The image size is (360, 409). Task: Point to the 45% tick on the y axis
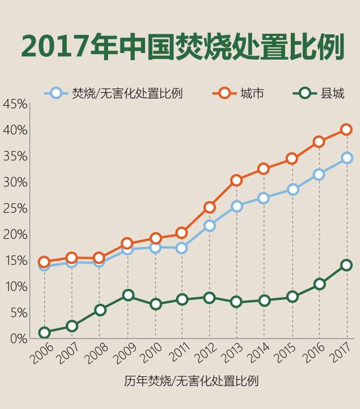15,105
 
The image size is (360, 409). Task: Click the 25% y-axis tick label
15,208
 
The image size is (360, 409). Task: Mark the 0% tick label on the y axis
19,339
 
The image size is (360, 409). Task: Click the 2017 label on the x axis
343,355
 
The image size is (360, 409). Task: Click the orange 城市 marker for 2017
346,129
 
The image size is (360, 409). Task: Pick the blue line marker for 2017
346,158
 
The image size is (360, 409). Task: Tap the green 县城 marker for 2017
346,265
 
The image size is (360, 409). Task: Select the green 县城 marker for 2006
44,332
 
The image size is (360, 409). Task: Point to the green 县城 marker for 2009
128,295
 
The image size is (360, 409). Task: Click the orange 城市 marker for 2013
236,180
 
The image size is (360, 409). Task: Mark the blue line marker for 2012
209,226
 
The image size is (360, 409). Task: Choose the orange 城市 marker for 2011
181,232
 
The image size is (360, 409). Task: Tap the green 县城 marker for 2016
319,284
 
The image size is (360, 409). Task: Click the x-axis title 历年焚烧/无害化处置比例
191,381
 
